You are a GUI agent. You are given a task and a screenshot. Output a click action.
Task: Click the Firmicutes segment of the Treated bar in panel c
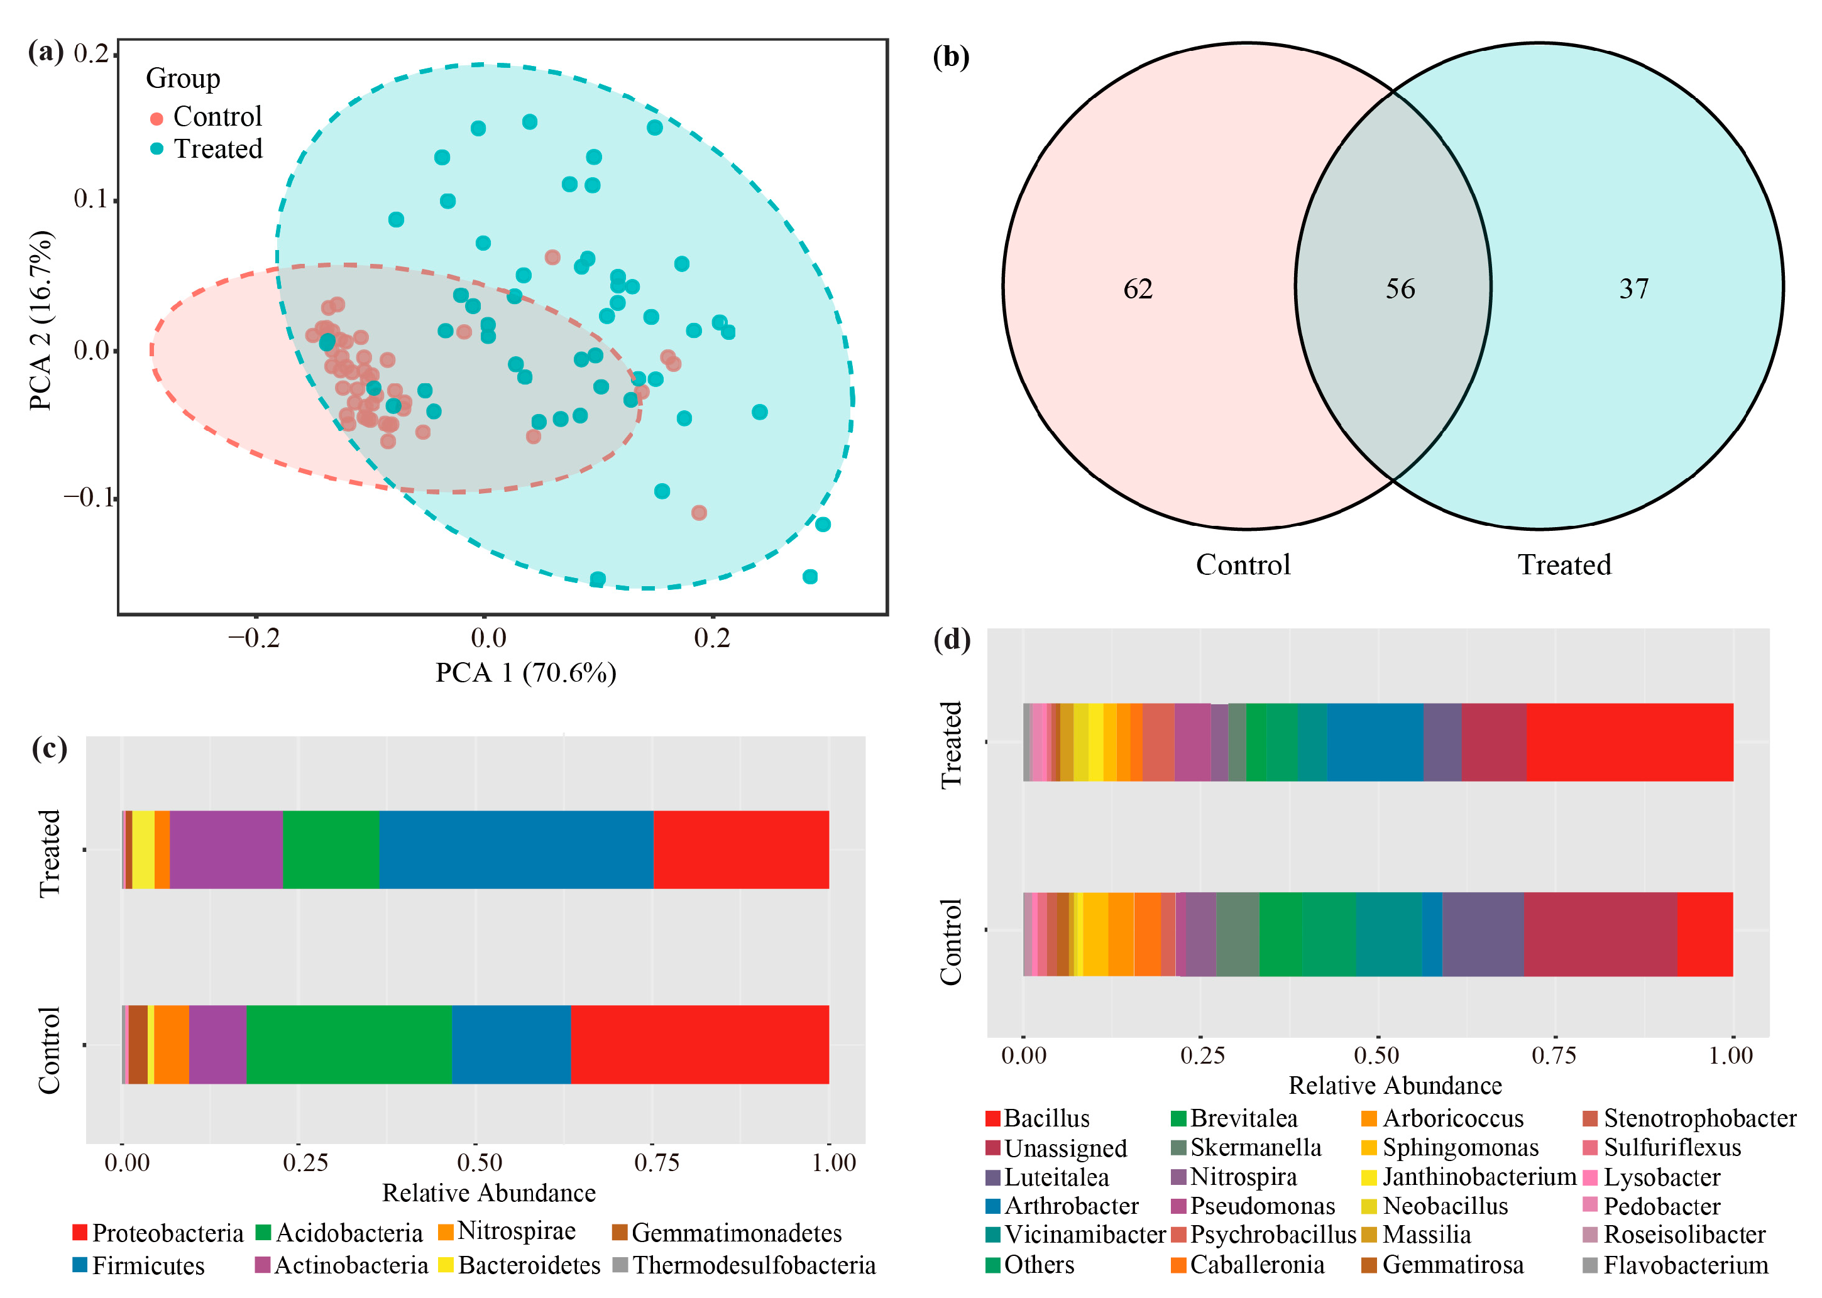[515, 849]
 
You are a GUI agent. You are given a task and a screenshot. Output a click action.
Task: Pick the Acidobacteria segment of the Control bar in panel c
[349, 1044]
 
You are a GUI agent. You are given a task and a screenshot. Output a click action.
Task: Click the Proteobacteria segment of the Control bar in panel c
[700, 1044]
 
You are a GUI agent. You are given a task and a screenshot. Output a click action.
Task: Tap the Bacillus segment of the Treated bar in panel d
[1629, 742]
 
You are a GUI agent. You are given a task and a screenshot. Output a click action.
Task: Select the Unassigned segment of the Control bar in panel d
[1600, 934]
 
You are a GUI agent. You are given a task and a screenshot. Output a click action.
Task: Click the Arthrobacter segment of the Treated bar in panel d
[1375, 742]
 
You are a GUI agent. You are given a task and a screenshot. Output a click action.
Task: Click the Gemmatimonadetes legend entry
[735, 1233]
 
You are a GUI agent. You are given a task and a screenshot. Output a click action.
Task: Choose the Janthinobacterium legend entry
[1479, 1177]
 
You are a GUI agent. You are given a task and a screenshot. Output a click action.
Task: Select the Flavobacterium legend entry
[1685, 1265]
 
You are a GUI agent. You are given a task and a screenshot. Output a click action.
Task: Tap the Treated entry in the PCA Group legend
[217, 149]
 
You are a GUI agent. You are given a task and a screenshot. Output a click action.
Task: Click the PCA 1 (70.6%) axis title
[525, 673]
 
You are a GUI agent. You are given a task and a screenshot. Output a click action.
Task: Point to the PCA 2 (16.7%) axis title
[41, 320]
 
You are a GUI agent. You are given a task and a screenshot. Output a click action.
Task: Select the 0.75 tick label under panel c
[656, 1162]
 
